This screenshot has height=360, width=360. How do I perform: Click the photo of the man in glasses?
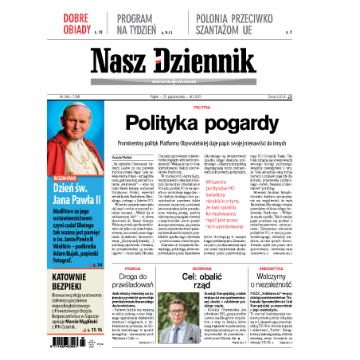click(184, 325)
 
